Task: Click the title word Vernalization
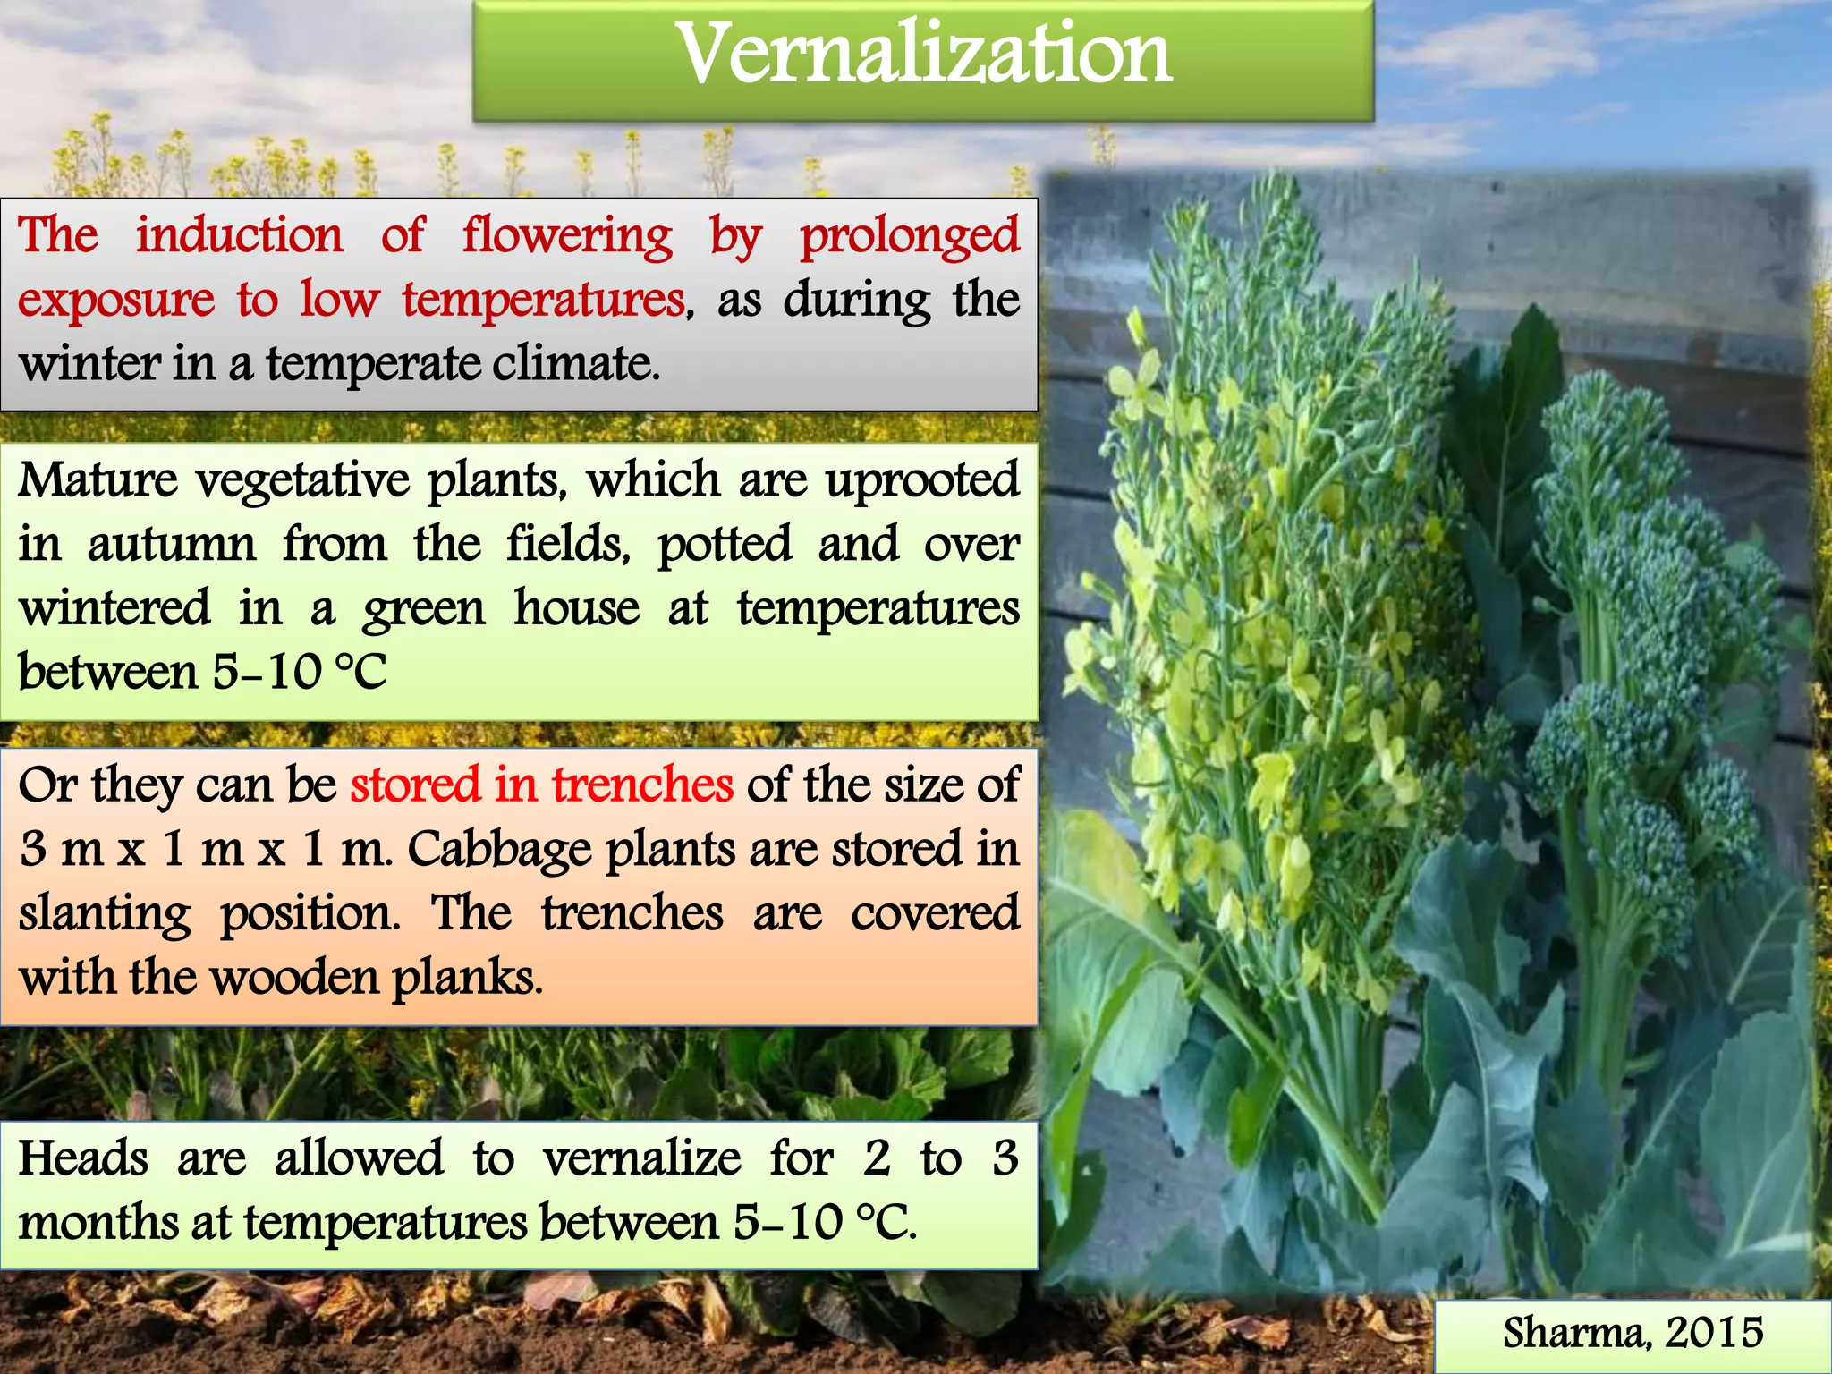(x=923, y=55)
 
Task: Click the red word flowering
(x=567, y=237)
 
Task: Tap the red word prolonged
(x=909, y=237)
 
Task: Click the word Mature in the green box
(x=98, y=480)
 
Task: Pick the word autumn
(x=172, y=544)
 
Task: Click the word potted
(x=725, y=544)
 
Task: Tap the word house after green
(x=577, y=608)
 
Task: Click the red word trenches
(x=642, y=785)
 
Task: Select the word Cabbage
(x=499, y=850)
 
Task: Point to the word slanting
(x=105, y=914)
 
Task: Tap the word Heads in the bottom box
(x=83, y=1158)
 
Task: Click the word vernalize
(x=641, y=1158)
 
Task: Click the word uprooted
(x=922, y=480)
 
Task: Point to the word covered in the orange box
(x=935, y=914)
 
